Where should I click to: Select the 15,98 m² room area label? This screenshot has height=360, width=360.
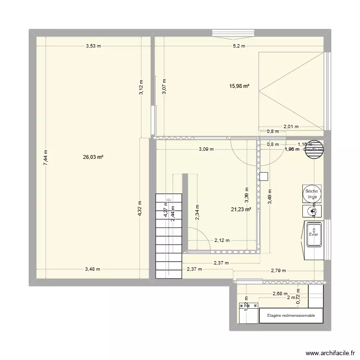point(239,86)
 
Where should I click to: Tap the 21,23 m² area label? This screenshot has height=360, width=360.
point(241,209)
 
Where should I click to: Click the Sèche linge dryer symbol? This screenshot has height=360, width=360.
point(312,193)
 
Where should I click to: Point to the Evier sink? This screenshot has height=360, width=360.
point(313,235)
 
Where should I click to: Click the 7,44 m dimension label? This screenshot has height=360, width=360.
point(46,157)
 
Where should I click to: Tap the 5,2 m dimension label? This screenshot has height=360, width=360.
point(239,46)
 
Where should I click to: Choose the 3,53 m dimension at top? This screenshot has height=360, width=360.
point(94,46)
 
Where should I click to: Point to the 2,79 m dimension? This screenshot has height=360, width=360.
point(278,270)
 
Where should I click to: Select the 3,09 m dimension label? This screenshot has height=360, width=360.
point(206,149)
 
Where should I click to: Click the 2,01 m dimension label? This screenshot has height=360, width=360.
point(291,127)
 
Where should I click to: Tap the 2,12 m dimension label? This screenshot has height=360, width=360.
point(222,240)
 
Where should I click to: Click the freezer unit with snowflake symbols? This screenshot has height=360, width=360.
point(249,305)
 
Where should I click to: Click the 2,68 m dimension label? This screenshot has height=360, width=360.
point(280,294)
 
